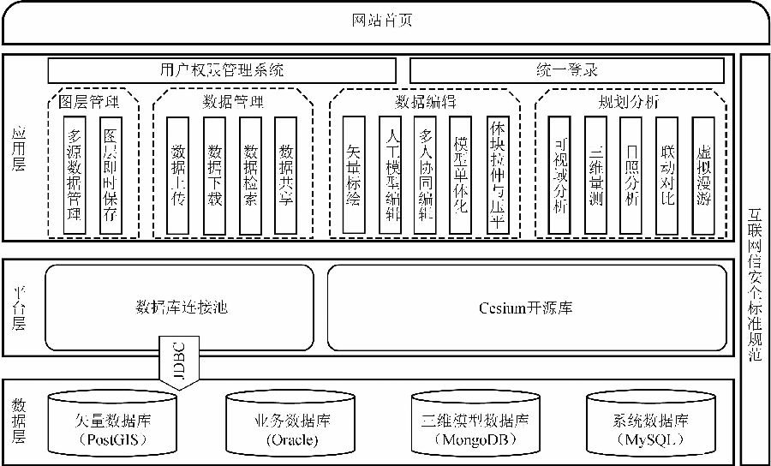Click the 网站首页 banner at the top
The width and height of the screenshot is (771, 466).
pos(385,21)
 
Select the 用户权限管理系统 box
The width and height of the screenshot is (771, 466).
pos(222,70)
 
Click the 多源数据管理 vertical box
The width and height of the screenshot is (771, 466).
pos(75,175)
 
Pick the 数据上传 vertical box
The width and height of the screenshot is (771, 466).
pos(177,175)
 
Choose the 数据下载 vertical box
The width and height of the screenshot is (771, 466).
pos(214,175)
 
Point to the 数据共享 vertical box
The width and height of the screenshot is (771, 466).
pos(285,175)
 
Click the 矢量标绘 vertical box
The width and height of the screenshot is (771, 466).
pos(353,175)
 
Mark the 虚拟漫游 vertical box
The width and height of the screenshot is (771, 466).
pos(703,175)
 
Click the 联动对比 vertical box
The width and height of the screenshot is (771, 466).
pos(667,175)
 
